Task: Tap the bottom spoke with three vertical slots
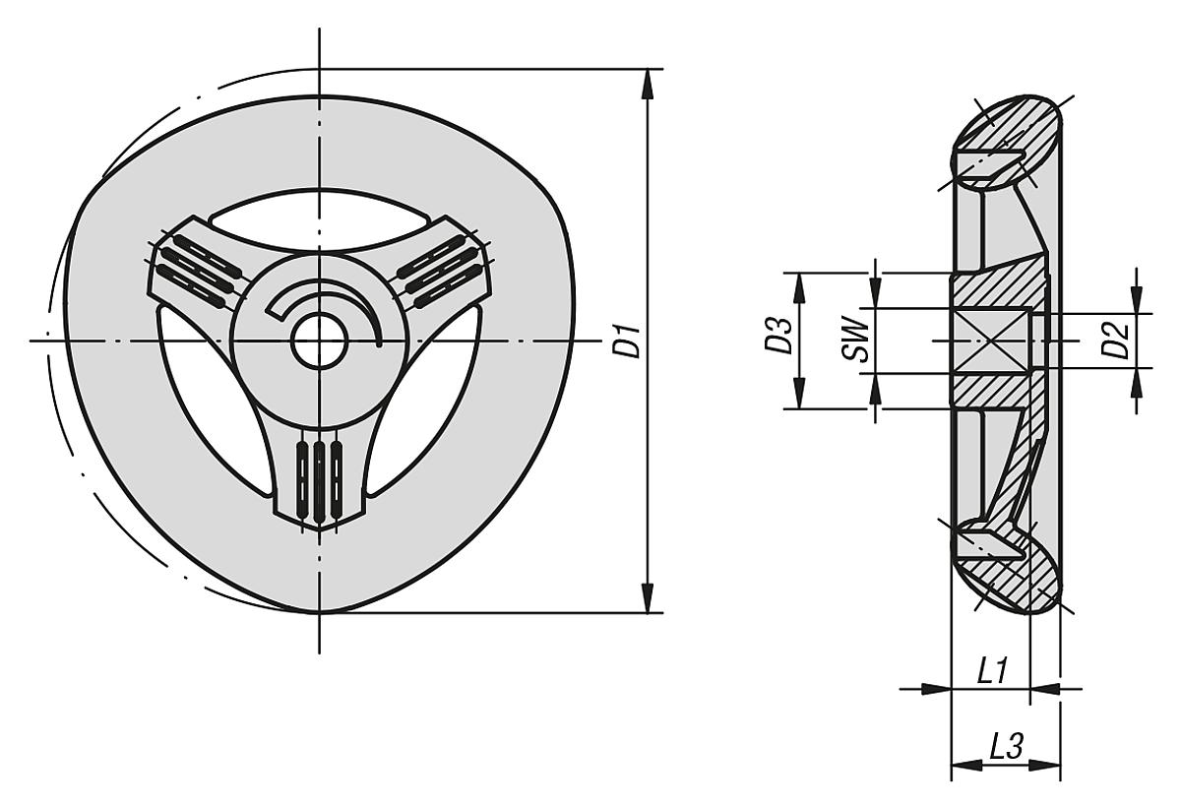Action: point(320,472)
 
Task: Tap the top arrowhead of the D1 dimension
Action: point(647,83)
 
